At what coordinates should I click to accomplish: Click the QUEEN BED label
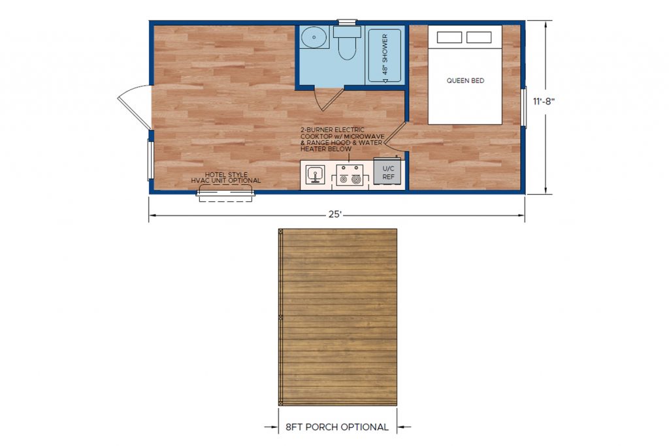point(465,80)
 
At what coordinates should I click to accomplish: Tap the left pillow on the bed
point(449,37)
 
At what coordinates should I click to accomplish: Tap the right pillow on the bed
point(479,37)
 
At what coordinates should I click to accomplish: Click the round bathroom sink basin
point(314,37)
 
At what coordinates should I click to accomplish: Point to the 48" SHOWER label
point(385,54)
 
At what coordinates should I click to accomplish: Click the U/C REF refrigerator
point(388,171)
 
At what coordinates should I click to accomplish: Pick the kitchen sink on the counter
point(316,174)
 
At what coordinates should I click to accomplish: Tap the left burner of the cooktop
point(343,180)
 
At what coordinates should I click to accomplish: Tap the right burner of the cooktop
point(356,180)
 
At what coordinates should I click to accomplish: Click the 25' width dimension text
point(335,214)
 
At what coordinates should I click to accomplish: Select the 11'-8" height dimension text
point(543,101)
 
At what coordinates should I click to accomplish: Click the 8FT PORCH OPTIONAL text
point(337,427)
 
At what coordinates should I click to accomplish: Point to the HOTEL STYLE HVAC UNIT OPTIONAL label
point(225,178)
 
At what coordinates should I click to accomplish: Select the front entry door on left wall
point(134,106)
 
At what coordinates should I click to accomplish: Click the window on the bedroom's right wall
point(523,106)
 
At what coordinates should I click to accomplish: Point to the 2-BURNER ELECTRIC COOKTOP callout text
point(342,139)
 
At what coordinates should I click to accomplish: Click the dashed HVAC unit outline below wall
point(226,197)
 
